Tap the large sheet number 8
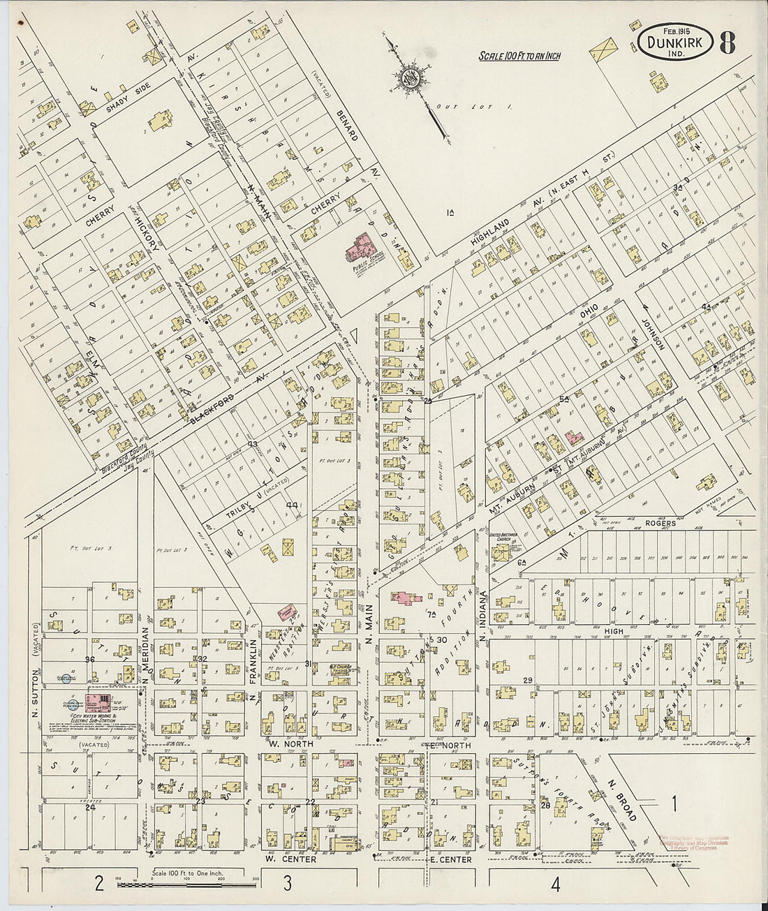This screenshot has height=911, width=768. pos(727,43)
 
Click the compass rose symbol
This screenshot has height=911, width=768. pos(409,79)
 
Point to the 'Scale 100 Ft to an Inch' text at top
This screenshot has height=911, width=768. pos(520,56)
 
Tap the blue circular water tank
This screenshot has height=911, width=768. pos(67,677)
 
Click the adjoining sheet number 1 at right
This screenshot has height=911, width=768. pos(674,803)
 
